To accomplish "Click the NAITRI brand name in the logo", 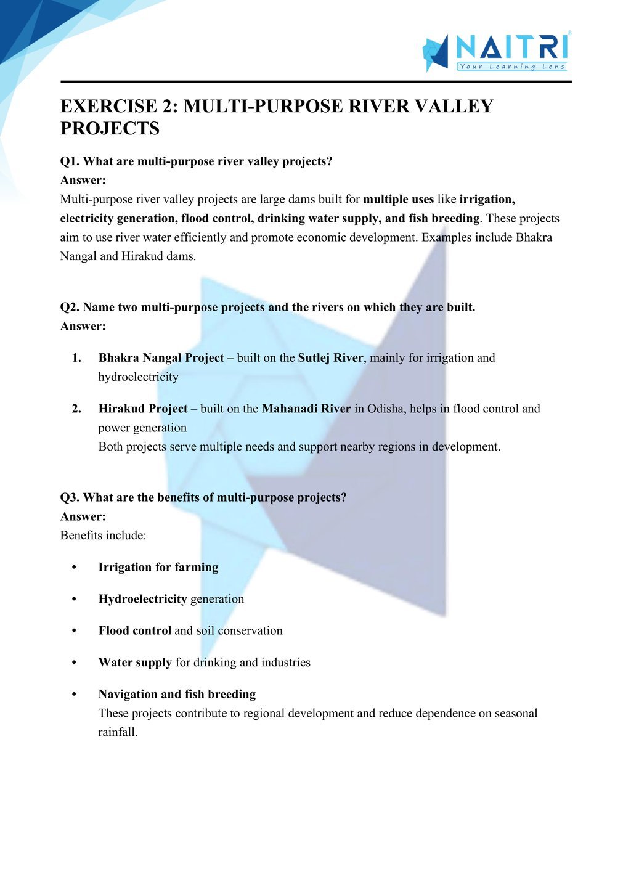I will [x=512, y=47].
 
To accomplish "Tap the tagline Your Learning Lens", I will [x=512, y=67].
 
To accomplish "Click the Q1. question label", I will [x=70, y=161].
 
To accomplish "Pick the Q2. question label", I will [x=70, y=307].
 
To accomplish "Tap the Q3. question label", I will [x=70, y=497].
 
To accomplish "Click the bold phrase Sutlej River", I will [x=330, y=358].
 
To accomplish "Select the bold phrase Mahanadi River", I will [x=306, y=409].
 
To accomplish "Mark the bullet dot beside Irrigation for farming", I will [x=74, y=568].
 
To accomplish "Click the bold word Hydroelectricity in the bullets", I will [x=142, y=599].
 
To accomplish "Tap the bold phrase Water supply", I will [x=135, y=663].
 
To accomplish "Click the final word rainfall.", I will [x=117, y=733].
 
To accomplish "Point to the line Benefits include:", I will [x=103, y=536].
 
